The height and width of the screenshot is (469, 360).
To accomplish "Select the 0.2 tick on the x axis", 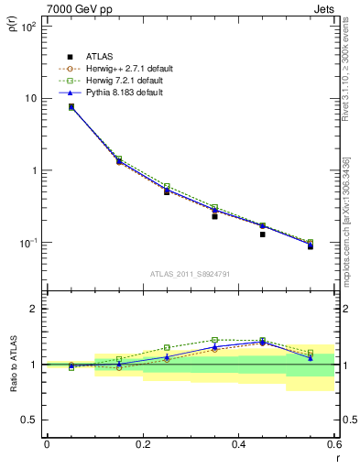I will point(142,444).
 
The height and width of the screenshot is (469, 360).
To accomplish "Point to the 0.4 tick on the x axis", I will point(238,444).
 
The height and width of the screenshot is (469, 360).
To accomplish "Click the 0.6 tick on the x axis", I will point(333,444).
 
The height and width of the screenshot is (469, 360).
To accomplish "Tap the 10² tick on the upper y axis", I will point(29,27).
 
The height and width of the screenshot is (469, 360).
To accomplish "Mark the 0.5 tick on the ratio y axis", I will point(30,420).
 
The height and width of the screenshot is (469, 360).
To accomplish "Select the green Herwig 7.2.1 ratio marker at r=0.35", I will point(214,340).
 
